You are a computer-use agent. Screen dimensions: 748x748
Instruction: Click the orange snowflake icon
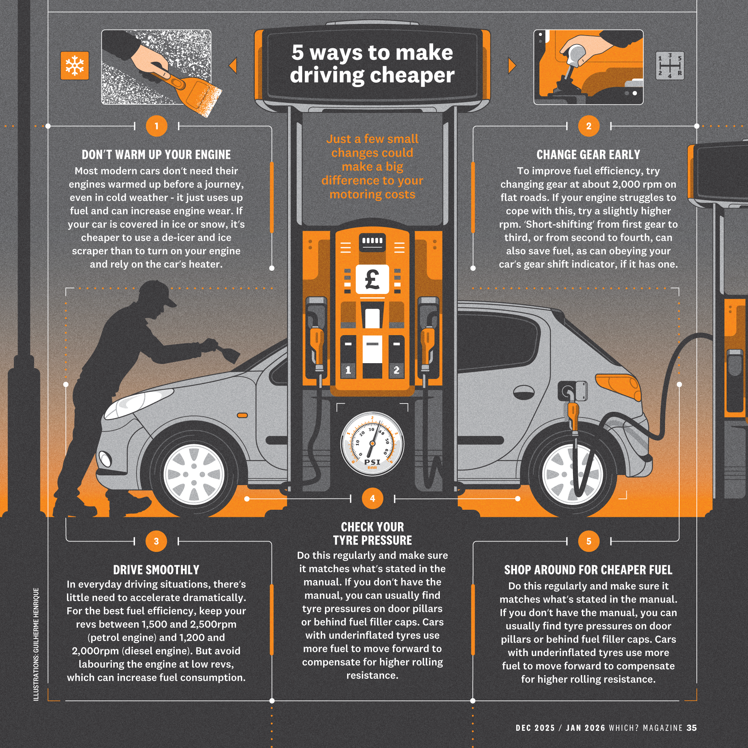(x=75, y=65)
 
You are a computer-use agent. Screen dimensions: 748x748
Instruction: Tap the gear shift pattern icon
(x=669, y=66)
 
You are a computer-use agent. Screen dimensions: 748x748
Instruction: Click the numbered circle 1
(x=156, y=126)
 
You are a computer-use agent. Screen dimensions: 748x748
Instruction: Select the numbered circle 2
(x=588, y=126)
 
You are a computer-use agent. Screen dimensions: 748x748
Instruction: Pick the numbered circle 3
(x=156, y=541)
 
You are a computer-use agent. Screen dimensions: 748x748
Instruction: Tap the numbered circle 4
(x=373, y=498)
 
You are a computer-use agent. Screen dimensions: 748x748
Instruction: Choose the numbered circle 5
(x=588, y=541)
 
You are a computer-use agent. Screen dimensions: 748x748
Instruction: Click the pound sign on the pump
(x=373, y=279)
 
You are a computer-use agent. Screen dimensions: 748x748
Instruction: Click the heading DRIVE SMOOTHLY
(x=156, y=570)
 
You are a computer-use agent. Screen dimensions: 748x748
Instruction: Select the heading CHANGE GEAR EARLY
(x=588, y=154)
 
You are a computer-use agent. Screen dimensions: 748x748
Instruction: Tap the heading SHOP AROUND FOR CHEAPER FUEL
(x=588, y=570)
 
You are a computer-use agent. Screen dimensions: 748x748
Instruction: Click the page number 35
(x=692, y=728)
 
